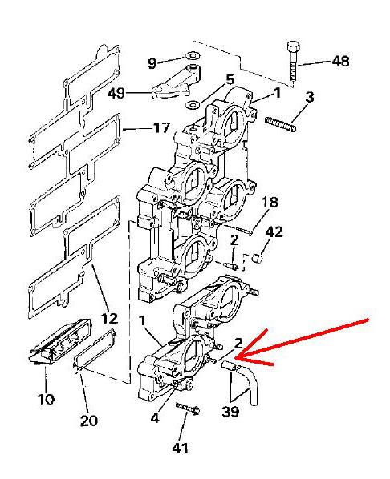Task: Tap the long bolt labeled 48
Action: (293, 62)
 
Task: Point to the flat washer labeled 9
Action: (193, 57)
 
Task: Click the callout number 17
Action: (161, 127)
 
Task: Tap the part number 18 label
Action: (270, 203)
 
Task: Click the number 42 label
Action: (274, 232)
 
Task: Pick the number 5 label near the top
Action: (230, 80)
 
